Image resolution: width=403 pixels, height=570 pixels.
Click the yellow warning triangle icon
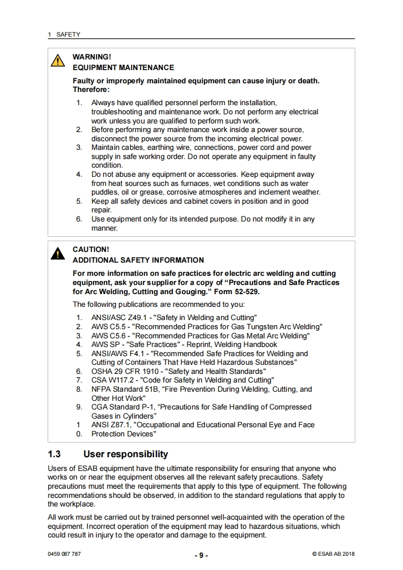[59, 61]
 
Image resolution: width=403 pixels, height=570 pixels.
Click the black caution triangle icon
[58, 254]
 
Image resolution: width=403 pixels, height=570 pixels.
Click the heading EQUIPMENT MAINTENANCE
[123, 68]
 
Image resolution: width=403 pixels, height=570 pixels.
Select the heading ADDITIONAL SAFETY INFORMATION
[138, 260]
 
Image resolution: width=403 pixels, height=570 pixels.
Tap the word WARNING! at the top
[92, 57]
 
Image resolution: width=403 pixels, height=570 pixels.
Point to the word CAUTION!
[91, 249]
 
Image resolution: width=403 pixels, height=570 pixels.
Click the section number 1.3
[54, 454]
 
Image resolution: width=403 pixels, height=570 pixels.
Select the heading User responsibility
[126, 454]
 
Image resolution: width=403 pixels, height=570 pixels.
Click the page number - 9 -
[201, 556]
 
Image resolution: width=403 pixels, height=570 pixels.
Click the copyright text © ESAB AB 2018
[333, 554]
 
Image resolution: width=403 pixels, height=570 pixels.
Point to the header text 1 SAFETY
[64, 35]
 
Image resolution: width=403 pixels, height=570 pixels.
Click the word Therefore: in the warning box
[91, 89]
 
